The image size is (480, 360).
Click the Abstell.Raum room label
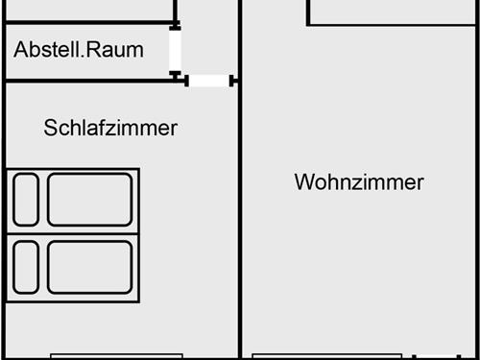click(x=80, y=49)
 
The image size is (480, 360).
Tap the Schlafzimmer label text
click(x=110, y=128)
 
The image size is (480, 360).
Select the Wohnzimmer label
click(x=359, y=182)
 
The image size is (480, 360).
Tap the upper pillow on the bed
click(x=25, y=200)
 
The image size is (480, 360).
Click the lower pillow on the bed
click(x=25, y=266)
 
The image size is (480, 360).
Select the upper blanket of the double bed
click(x=89, y=200)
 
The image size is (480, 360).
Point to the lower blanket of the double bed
click(x=89, y=266)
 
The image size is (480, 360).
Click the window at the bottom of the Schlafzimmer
click(x=115, y=356)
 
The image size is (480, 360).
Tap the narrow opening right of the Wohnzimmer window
click(x=437, y=356)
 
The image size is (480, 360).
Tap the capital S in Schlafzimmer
click(x=50, y=128)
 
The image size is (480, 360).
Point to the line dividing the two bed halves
click(x=75, y=233)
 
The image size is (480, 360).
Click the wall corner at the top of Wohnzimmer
click(x=309, y=22)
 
